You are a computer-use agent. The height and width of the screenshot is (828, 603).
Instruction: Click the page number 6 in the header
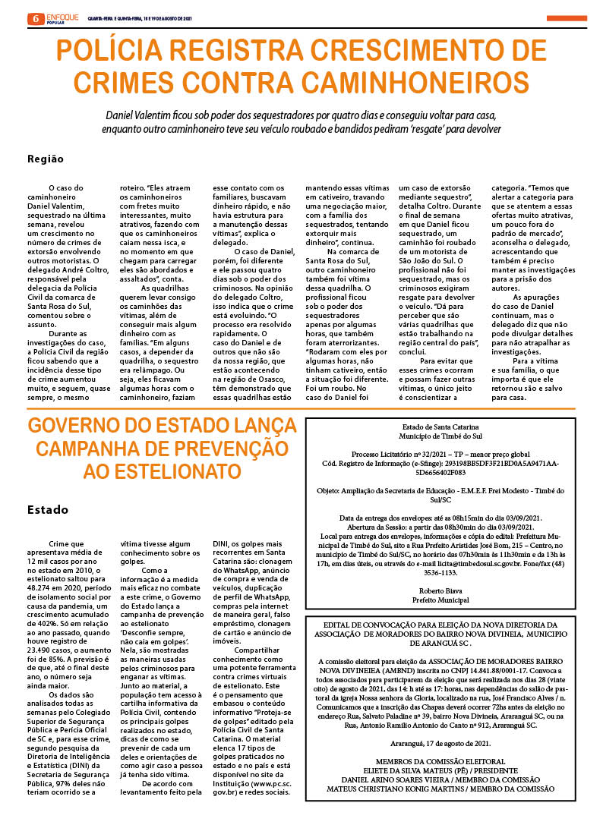click(35, 17)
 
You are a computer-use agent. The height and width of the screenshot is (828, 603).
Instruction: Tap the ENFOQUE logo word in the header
click(62, 15)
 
